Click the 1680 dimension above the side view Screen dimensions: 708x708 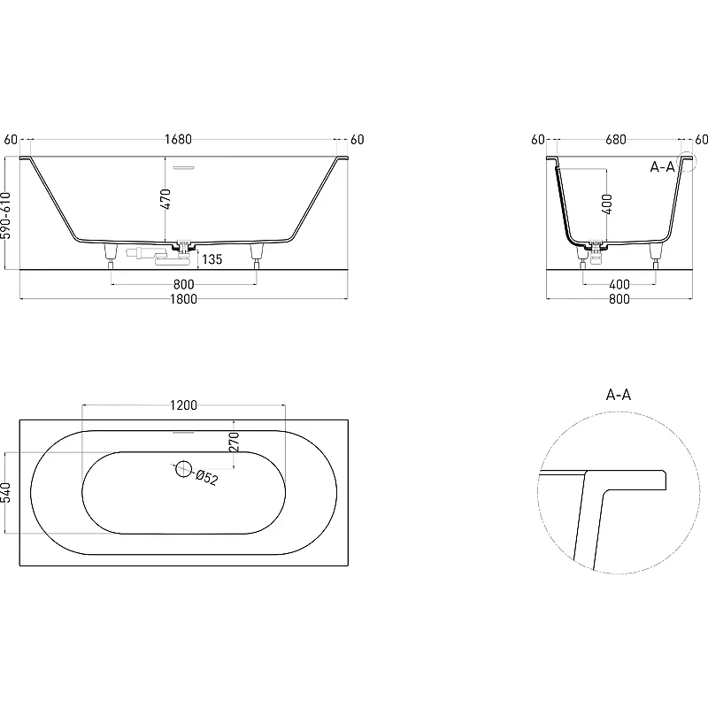pyautogui.click(x=178, y=139)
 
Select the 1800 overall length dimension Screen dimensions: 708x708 pyautogui.click(x=183, y=299)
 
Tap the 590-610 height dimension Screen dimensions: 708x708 pyautogui.click(x=5, y=215)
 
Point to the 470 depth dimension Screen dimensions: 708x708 pyautogui.click(x=165, y=199)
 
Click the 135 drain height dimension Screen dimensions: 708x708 pyautogui.click(x=212, y=259)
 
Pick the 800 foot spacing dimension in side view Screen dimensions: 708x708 pyautogui.click(x=183, y=284)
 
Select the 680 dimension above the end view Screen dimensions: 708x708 pyautogui.click(x=616, y=140)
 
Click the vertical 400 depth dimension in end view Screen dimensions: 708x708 pyautogui.click(x=608, y=204)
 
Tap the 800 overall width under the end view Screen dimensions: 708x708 pyautogui.click(x=619, y=299)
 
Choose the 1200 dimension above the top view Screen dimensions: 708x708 pyautogui.click(x=183, y=405)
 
